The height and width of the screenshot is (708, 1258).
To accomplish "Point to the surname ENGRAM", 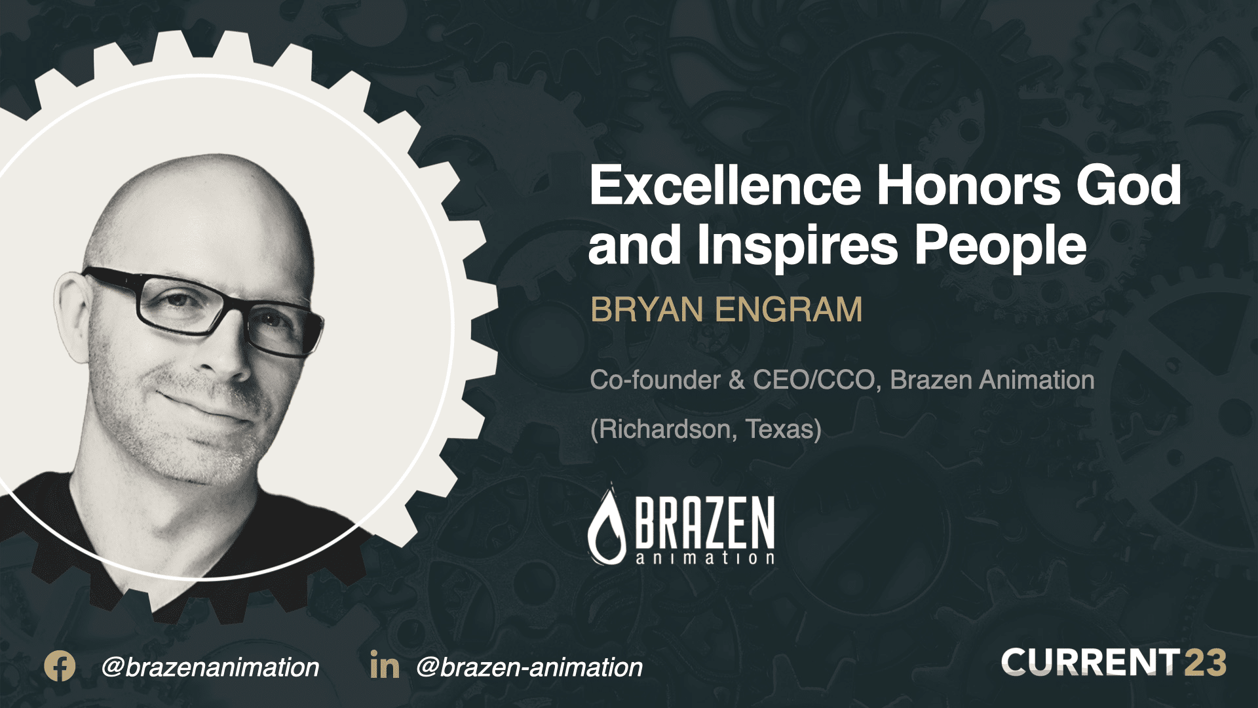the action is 789,310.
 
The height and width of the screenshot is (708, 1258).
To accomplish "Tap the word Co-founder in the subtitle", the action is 655,380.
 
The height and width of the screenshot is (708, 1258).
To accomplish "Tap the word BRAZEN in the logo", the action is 705,522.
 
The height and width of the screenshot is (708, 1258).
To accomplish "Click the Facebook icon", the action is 60,667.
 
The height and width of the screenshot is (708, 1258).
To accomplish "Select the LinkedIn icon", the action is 385,665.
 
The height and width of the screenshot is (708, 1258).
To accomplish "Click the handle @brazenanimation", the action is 210,667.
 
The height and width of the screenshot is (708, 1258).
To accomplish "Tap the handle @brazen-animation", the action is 529,667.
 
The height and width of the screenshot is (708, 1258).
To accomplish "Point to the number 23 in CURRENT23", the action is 1205,663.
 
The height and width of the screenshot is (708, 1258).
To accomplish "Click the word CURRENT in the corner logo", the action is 1090,663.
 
